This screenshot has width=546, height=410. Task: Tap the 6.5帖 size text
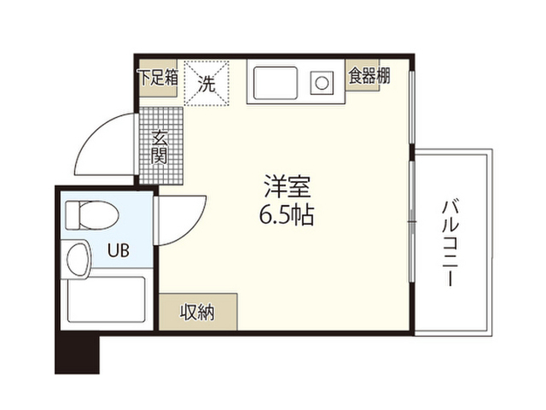point(287,214)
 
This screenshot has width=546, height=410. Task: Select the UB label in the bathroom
point(118,250)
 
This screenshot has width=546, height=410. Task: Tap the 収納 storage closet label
point(197,311)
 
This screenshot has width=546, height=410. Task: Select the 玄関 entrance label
point(160,146)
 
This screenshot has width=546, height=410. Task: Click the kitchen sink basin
point(274,84)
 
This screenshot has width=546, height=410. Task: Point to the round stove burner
point(322,84)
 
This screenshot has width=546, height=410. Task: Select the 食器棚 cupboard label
point(369,75)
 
